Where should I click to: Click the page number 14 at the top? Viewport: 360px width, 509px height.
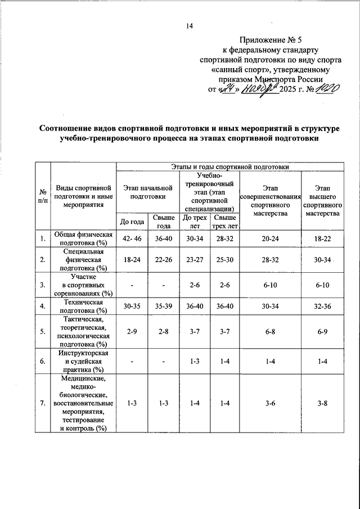point(190,26)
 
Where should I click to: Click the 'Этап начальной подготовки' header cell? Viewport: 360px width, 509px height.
point(147,191)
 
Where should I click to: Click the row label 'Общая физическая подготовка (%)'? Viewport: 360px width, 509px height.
point(83,238)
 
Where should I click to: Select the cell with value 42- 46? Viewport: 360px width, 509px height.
point(132,239)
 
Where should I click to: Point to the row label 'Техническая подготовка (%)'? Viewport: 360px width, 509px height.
point(83,307)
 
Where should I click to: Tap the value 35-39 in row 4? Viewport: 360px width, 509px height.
point(164,307)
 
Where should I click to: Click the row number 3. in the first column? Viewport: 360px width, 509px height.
point(43,285)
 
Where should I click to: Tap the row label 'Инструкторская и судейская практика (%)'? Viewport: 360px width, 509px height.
point(83,361)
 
